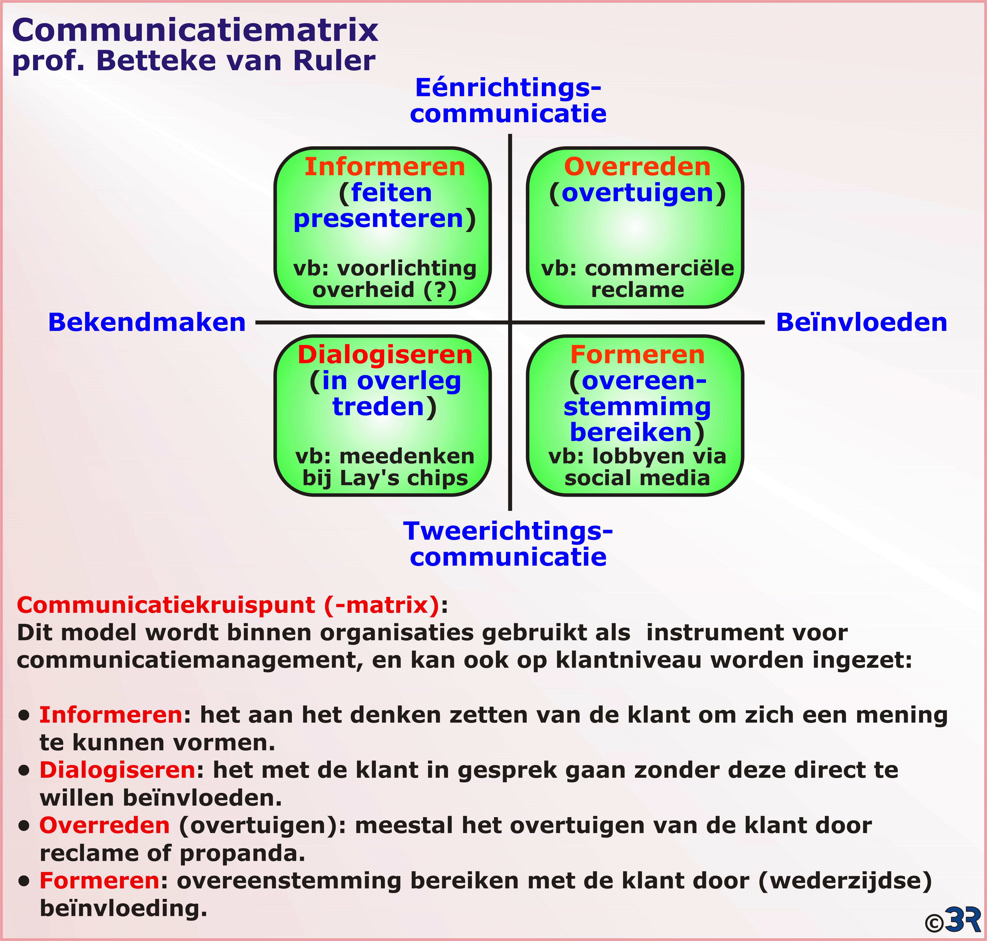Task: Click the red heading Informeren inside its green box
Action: [x=385, y=167]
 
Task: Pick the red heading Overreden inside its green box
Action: [x=637, y=167]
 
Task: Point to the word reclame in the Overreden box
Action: [x=638, y=290]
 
